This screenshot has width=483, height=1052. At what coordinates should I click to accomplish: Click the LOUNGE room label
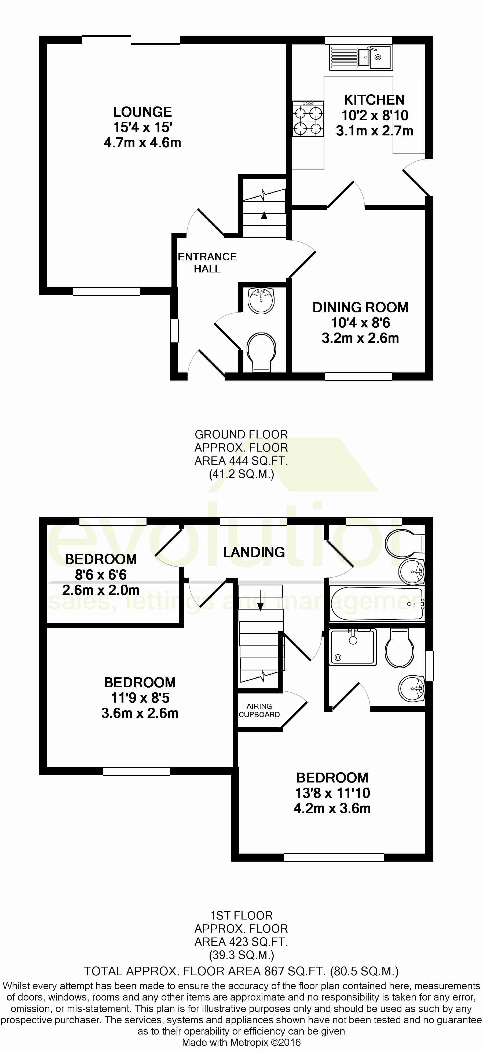[142, 112]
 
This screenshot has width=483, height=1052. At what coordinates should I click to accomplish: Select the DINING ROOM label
[360, 307]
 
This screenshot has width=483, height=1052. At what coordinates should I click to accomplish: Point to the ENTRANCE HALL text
[207, 263]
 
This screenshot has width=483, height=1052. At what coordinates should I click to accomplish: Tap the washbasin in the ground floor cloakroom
[261, 301]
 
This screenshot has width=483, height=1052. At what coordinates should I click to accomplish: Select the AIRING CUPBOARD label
[259, 710]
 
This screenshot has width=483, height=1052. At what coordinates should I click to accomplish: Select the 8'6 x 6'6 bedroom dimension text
[101, 575]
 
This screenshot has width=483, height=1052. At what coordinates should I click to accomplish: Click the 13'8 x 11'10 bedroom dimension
[333, 793]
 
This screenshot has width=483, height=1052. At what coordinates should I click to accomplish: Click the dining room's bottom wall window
[359, 376]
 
